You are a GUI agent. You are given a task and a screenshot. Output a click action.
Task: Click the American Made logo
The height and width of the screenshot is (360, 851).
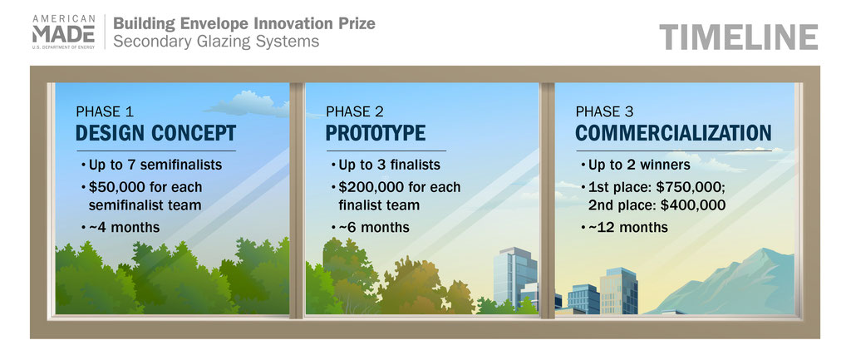[x=63, y=32]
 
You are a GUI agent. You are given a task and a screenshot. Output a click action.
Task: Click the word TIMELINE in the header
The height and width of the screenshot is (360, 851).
[x=739, y=37]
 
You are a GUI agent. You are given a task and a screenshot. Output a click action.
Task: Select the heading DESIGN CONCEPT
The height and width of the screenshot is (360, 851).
[x=155, y=133]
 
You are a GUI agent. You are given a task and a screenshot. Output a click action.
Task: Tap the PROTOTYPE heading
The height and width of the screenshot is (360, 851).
[x=376, y=133]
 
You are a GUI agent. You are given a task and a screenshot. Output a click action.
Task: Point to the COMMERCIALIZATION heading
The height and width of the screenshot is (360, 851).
[x=673, y=133]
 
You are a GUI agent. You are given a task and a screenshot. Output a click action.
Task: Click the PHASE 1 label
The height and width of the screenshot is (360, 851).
[x=105, y=112]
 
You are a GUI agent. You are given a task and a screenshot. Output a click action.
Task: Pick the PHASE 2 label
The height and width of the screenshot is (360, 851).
[x=355, y=112]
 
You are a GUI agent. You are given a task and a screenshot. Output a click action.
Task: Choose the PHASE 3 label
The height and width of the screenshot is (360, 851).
[x=605, y=112]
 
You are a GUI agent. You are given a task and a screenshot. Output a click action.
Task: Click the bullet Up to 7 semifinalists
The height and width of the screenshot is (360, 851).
[x=151, y=165]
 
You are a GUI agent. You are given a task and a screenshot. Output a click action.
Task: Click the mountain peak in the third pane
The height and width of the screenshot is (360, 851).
[x=766, y=250]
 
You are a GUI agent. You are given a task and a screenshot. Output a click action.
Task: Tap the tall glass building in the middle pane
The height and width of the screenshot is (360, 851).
[x=514, y=276]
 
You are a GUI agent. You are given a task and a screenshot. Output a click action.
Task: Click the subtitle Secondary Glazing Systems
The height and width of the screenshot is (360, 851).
[x=216, y=42]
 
